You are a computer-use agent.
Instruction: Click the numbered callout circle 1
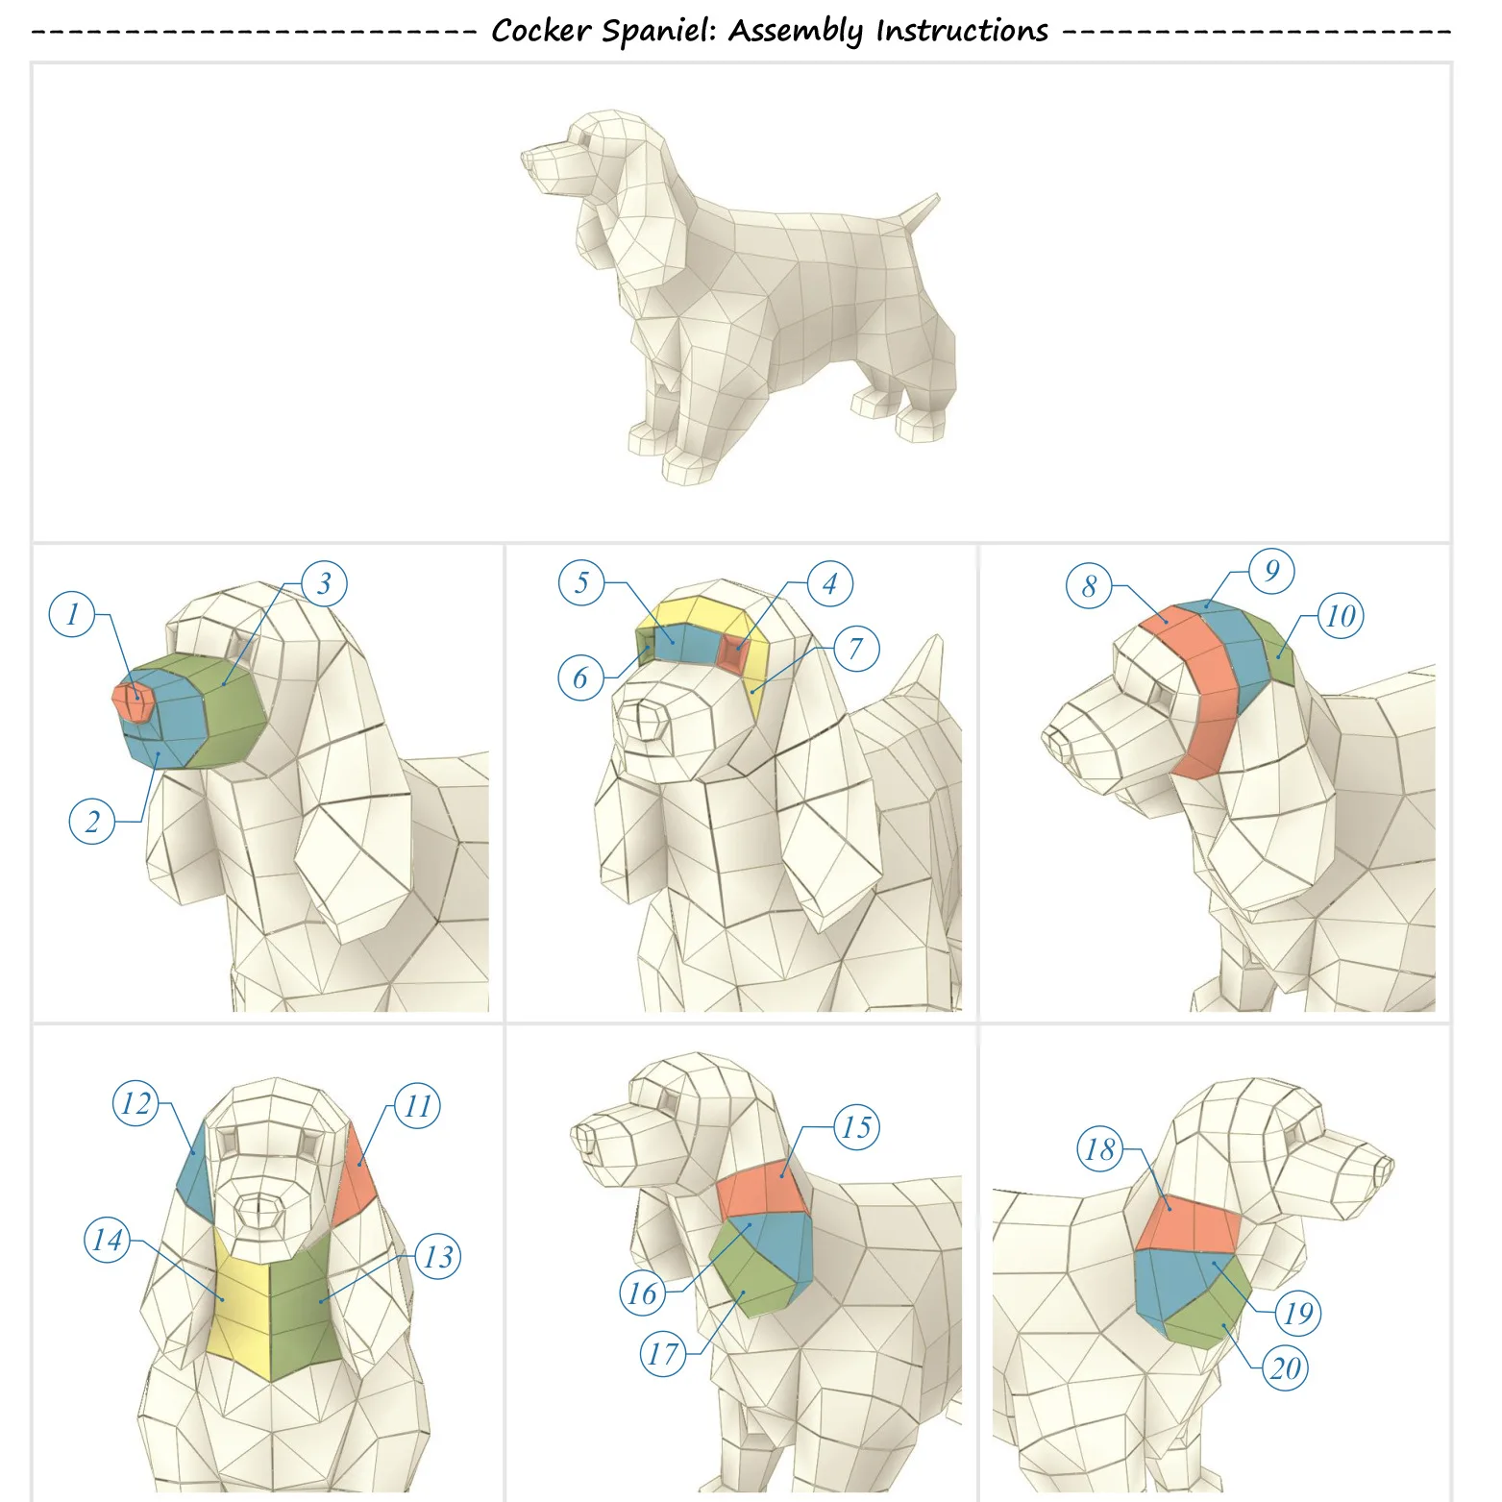(x=72, y=614)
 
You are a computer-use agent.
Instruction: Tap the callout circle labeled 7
(x=855, y=649)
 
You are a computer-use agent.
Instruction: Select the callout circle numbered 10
(x=1341, y=616)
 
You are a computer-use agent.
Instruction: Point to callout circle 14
(x=108, y=1240)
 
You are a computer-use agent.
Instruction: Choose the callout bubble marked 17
(x=663, y=1354)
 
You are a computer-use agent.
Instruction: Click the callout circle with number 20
(x=1286, y=1368)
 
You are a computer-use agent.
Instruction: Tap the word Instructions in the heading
(x=962, y=31)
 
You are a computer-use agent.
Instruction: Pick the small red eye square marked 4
(x=734, y=650)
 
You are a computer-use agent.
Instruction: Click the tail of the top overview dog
(x=918, y=214)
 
